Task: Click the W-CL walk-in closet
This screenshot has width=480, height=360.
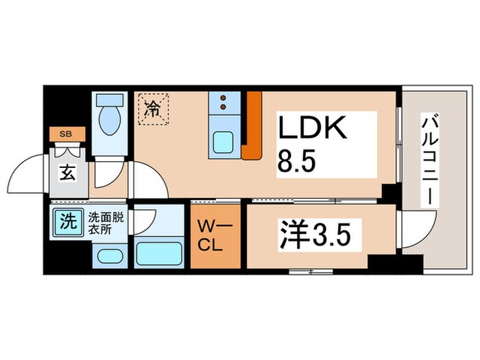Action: click(x=216, y=236)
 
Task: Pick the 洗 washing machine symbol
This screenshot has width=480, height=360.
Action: click(x=67, y=221)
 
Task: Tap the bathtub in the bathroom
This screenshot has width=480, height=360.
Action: click(x=158, y=252)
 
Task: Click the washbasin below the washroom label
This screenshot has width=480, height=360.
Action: click(x=108, y=256)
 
